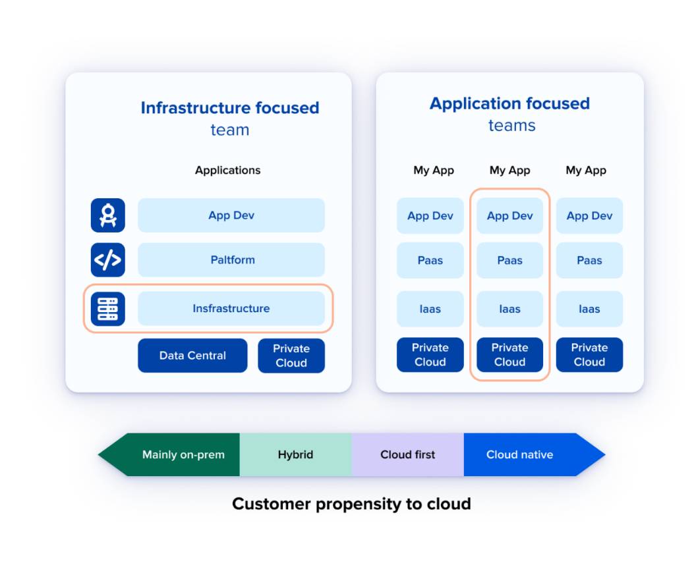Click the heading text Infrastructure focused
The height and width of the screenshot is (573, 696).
(229, 108)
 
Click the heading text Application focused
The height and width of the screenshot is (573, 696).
(509, 103)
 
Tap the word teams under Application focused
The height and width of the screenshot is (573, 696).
(511, 125)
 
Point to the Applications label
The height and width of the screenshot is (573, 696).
(227, 170)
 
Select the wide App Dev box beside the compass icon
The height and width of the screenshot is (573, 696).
(231, 215)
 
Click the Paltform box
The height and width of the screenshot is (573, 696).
(231, 260)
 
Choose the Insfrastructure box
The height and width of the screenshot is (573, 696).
(231, 308)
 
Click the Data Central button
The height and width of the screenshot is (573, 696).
(192, 356)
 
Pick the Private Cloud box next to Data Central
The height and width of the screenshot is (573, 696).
(291, 356)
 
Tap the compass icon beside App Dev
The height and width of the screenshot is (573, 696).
(107, 215)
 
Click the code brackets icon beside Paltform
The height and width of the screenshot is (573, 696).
(107, 260)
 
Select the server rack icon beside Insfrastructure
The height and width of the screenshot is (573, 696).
(107, 309)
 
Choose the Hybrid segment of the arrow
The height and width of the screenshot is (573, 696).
(295, 454)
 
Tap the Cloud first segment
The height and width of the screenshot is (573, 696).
(407, 454)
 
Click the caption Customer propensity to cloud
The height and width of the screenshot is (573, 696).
(351, 504)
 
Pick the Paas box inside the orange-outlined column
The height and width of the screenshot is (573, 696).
(509, 260)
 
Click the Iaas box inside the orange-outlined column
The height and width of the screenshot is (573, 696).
(509, 309)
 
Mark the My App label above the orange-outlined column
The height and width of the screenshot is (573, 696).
(509, 170)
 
